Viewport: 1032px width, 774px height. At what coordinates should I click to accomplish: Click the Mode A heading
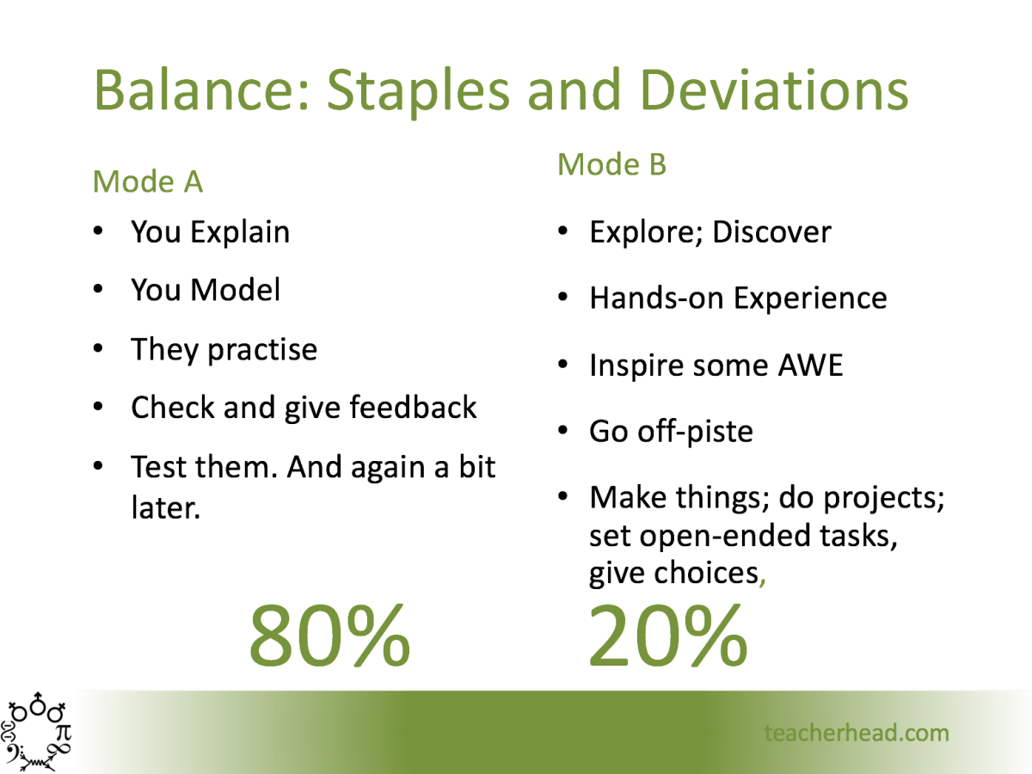click(147, 181)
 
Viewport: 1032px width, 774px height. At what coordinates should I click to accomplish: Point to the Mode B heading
click(611, 163)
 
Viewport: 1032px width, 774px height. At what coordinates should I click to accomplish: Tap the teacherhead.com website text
click(856, 733)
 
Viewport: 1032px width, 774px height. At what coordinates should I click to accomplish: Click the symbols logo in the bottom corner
click(39, 732)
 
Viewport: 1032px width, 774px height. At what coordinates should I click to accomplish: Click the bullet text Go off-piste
click(671, 430)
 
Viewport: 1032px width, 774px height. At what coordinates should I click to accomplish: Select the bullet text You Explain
click(210, 232)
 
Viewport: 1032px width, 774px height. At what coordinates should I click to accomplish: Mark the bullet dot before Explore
click(562, 232)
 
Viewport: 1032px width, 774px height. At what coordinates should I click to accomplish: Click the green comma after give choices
click(763, 579)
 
